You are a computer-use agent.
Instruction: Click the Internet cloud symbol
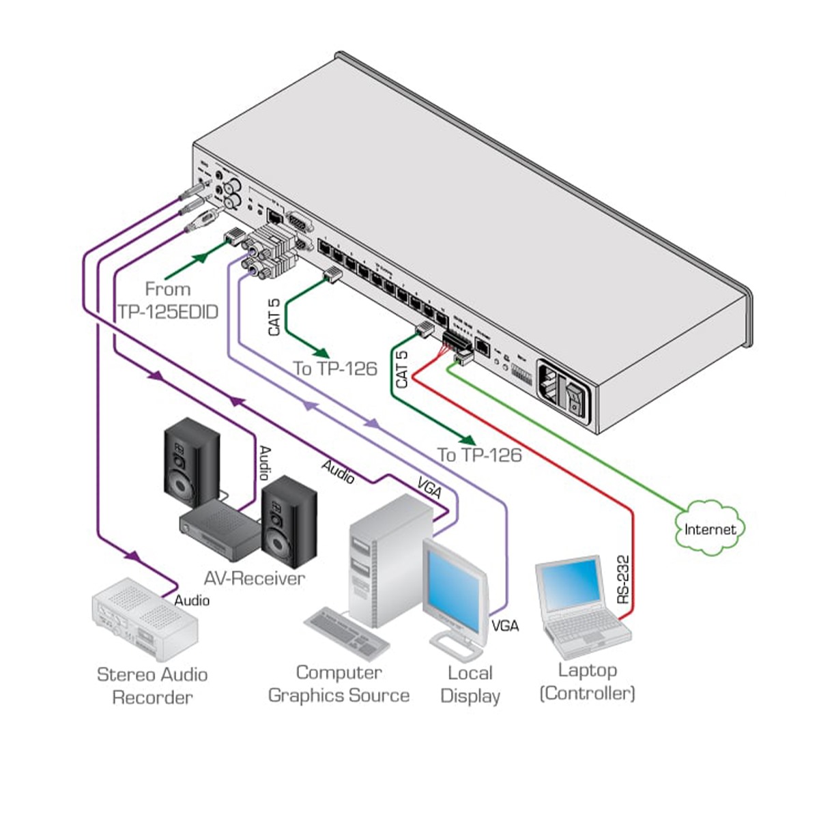(710, 528)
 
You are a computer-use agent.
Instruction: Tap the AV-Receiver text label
(254, 579)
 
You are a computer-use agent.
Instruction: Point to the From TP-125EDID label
(168, 300)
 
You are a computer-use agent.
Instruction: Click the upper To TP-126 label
(335, 369)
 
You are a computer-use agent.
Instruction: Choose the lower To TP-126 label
(479, 455)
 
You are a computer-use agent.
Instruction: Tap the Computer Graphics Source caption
(339, 684)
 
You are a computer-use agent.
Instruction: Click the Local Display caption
(470, 684)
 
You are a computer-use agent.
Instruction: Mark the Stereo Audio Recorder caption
(152, 686)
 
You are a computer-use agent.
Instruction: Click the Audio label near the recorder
(192, 601)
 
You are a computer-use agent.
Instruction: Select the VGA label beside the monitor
(505, 625)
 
